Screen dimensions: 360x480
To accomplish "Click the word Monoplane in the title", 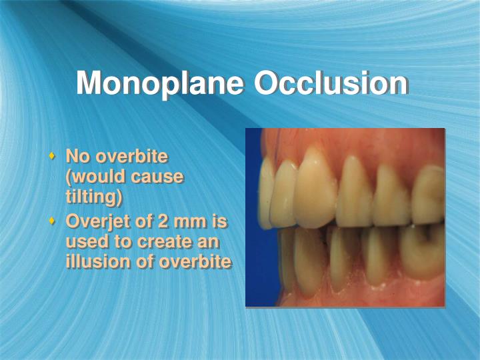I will click(x=161, y=85).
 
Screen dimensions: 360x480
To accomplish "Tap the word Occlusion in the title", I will click(x=331, y=83).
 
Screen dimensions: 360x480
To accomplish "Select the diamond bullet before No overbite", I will click(x=52, y=157).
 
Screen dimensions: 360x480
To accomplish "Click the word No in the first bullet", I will click(x=77, y=157).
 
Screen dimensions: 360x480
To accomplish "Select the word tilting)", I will click(x=94, y=198).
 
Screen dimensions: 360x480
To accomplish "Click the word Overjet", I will click(x=97, y=221).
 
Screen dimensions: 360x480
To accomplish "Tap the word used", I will click(x=84, y=241).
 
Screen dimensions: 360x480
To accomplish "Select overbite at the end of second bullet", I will click(x=195, y=261).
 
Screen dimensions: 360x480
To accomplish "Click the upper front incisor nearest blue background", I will click(x=266, y=193).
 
